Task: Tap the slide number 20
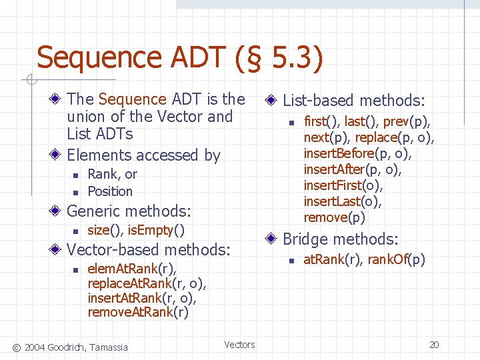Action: coord(434,345)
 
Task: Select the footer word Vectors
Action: coord(239,345)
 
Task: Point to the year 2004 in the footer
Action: coord(37,346)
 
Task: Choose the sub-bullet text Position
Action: coord(110,191)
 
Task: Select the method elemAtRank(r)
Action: coord(132,269)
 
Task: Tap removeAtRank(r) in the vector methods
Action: coord(138,313)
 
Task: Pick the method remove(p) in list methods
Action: coord(335,217)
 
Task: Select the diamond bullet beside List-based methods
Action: coord(271,101)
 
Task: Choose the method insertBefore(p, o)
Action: coord(357,153)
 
